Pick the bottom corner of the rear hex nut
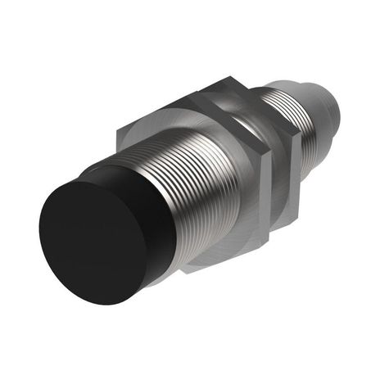tap(291, 224)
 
